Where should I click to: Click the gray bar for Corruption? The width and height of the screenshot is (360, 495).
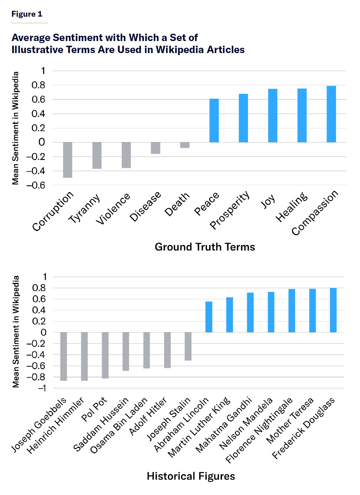pyautogui.click(x=68, y=160)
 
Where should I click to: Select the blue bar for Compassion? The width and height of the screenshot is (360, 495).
pyautogui.click(x=331, y=114)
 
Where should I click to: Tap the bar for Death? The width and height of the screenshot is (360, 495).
pyautogui.click(x=185, y=145)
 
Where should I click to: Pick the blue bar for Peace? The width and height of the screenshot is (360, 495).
pyautogui.click(x=214, y=120)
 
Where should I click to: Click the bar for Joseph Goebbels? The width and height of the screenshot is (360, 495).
pyautogui.click(x=64, y=356)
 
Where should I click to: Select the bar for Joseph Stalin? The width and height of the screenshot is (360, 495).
pyautogui.click(x=188, y=346)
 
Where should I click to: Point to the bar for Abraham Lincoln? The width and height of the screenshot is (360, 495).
pyautogui.click(x=209, y=317)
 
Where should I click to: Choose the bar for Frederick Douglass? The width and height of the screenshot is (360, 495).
pyautogui.click(x=333, y=310)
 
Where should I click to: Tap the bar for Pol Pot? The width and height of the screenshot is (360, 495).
pyautogui.click(x=105, y=355)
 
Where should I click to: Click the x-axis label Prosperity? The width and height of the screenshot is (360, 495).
pyautogui.click(x=230, y=210)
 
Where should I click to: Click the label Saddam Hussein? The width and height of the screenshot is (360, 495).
pyautogui.click(x=101, y=425)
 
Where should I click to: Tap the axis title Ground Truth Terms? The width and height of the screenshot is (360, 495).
pyautogui.click(x=205, y=247)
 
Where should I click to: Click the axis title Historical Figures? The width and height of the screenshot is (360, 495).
pyautogui.click(x=191, y=476)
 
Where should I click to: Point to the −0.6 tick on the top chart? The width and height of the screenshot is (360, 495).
pyautogui.click(x=36, y=185)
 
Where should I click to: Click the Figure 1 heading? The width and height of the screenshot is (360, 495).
pyautogui.click(x=27, y=14)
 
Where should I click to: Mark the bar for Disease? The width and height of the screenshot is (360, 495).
pyautogui.click(x=155, y=148)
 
